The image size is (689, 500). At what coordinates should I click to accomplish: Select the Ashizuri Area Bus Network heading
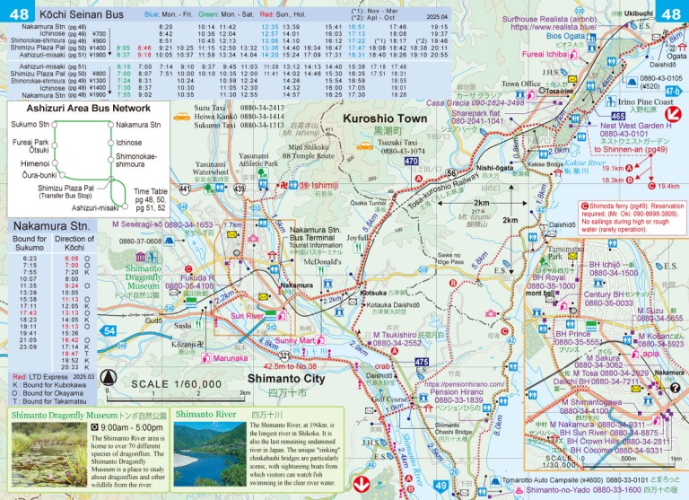coord(67,107)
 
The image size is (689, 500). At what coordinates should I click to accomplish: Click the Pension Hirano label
coord(458,365)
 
